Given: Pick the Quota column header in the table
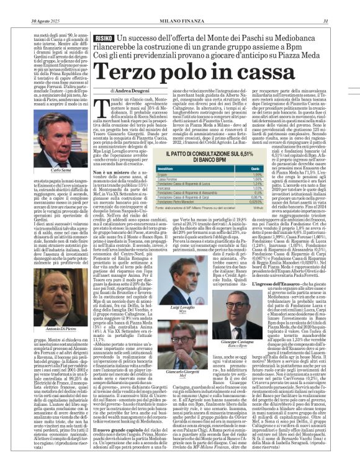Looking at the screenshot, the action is (253, 167).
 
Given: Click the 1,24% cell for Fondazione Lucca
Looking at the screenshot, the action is (254, 183).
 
